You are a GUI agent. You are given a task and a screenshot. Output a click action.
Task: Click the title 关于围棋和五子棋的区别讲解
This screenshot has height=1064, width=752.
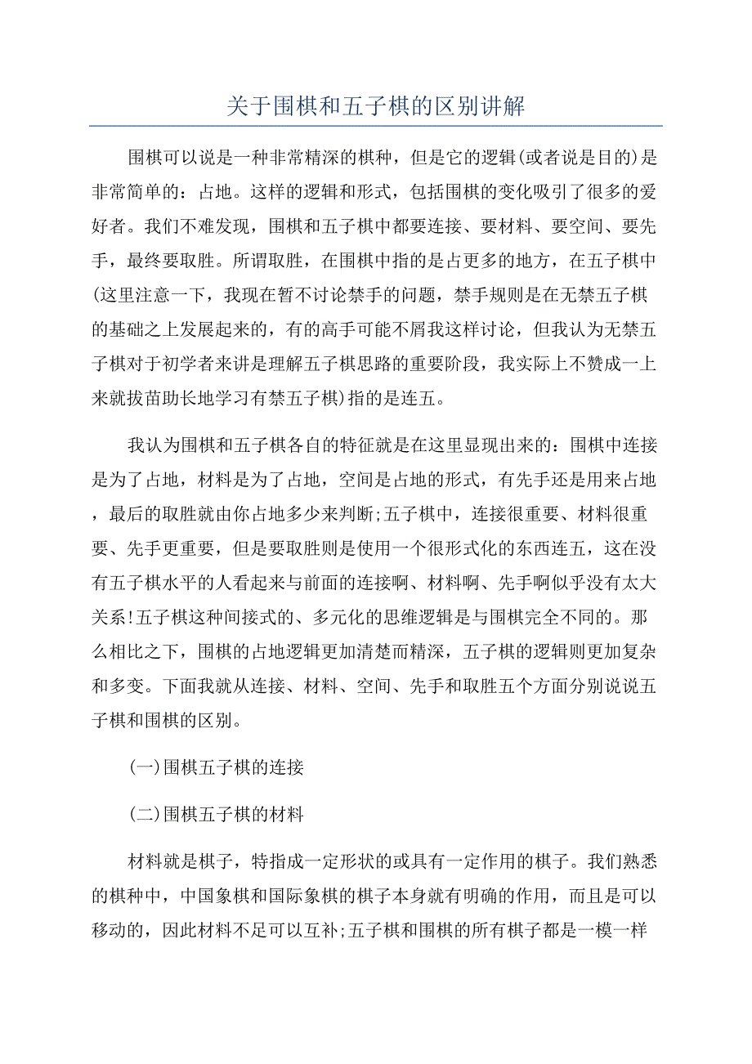click(375, 107)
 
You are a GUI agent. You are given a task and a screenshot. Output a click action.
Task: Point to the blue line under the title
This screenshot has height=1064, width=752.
click(375, 126)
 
